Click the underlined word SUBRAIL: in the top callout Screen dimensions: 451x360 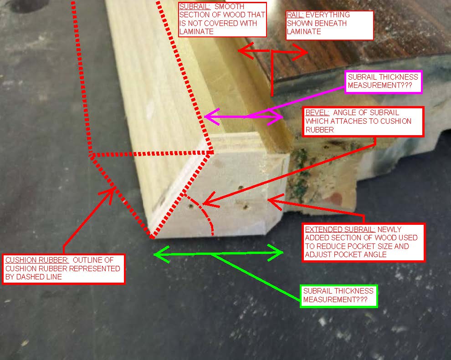[x=195, y=7]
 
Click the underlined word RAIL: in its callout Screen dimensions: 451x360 [x=295, y=15]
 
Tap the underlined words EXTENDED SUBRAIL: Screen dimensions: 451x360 [x=340, y=229]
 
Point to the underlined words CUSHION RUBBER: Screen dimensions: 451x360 [x=37, y=260]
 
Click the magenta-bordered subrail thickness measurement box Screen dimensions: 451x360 [x=384, y=82]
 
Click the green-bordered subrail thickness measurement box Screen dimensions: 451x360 [x=338, y=296]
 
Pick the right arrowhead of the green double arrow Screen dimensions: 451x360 [x=276, y=253]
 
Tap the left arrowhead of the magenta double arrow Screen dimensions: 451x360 [x=212, y=117]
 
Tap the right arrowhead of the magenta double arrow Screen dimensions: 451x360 [x=276, y=117]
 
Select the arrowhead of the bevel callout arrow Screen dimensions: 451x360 [x=210, y=200]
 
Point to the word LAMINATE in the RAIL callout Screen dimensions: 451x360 [x=304, y=31]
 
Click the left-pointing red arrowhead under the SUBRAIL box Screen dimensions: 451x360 [x=246, y=51]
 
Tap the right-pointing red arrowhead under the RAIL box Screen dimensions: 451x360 [x=300, y=52]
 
